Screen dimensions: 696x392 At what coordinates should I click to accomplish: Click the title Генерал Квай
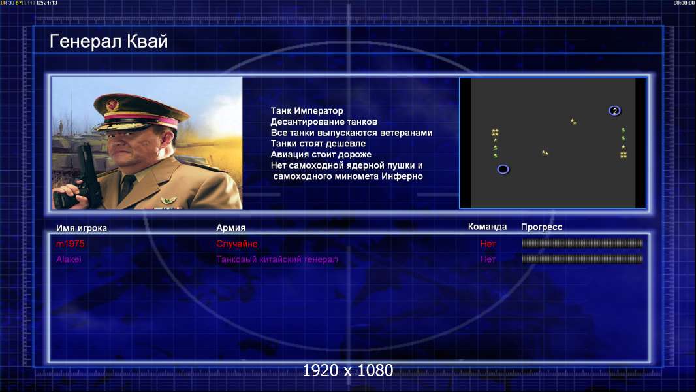109,42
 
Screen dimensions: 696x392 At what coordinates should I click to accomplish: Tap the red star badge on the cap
112,105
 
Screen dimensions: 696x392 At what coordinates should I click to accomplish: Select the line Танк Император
307,111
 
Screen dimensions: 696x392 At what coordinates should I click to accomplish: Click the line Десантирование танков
324,122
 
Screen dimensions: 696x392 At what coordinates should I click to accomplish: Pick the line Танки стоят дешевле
318,143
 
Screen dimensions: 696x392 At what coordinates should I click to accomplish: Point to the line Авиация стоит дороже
321,154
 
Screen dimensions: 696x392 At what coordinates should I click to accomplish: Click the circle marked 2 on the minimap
614,110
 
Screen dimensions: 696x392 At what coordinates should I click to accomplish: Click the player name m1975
70,244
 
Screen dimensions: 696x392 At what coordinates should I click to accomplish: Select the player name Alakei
69,259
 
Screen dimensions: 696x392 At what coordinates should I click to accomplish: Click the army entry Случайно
236,244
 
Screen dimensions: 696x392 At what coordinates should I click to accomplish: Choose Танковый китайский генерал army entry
277,259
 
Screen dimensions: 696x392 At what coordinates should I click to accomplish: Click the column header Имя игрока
81,228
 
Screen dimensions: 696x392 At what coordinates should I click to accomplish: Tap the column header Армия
231,228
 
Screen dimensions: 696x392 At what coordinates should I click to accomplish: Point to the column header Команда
487,227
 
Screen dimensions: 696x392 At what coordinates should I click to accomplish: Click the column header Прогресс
541,227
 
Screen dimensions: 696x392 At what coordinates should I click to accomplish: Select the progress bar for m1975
582,243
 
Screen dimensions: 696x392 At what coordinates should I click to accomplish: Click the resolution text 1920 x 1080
347,370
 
